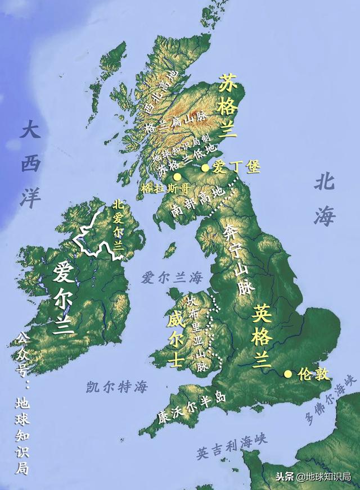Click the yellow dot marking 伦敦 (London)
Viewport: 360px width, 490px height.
[x=288, y=373]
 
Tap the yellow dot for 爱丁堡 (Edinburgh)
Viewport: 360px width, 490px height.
[x=205, y=167]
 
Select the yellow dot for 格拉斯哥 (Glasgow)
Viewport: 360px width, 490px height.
[x=177, y=176]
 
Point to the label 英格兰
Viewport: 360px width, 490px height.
[x=262, y=335]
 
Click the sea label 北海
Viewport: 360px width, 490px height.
[x=325, y=199]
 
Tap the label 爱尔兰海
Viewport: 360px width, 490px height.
[x=172, y=277]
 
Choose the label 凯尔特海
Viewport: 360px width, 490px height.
[x=117, y=387]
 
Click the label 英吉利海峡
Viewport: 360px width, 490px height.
[x=232, y=446]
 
